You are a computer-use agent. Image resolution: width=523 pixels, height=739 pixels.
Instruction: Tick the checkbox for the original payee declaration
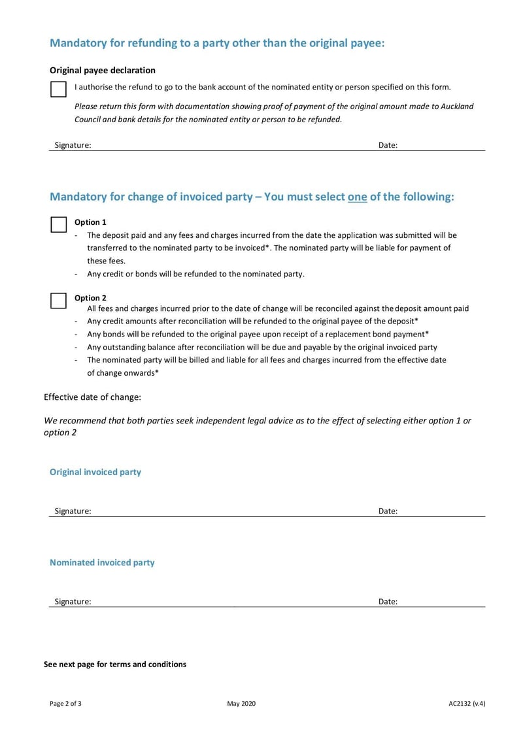pos(58,90)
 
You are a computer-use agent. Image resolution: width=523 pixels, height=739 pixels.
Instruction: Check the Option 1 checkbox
pos(58,224)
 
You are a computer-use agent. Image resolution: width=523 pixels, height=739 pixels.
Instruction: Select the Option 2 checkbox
pos(58,300)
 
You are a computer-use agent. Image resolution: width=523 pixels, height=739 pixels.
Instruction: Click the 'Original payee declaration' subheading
pos(103,70)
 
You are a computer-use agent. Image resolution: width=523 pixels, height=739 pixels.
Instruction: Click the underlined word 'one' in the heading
pos(357,197)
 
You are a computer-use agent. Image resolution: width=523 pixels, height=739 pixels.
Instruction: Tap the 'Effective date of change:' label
pos(92,397)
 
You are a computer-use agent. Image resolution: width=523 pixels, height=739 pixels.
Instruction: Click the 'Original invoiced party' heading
pos(95,472)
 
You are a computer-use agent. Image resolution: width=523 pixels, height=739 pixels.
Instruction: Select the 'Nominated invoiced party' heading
pos(102,562)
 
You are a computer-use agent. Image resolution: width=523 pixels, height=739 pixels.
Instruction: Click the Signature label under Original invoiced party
pos(73,512)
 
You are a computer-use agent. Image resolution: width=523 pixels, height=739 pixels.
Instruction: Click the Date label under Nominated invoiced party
pos(388,602)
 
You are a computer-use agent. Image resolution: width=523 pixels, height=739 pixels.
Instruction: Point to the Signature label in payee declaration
pos(73,146)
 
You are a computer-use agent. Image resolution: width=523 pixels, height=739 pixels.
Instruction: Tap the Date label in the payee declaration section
pos(388,146)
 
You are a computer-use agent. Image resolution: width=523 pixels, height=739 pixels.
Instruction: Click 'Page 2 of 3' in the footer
pos(65,704)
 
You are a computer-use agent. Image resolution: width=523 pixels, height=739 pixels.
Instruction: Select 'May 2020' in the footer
pos(241,704)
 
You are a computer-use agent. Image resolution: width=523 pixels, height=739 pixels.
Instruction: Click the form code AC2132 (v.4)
pos(467,704)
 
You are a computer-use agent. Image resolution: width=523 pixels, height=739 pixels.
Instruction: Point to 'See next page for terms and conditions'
pos(115,664)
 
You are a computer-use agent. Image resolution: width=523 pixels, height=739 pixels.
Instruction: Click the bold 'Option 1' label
pos(90,222)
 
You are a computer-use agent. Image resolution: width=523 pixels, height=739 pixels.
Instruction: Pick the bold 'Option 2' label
pos(90,298)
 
